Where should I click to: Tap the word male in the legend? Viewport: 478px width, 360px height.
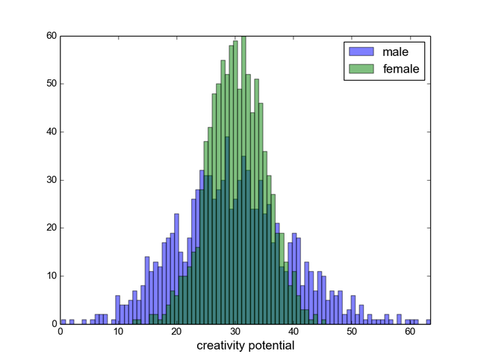click(395, 52)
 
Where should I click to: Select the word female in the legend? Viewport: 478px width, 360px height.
click(401, 69)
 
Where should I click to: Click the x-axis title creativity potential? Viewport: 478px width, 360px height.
click(245, 346)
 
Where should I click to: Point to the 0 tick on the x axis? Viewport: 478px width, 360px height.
click(60, 332)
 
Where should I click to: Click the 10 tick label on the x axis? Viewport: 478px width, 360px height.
click(119, 332)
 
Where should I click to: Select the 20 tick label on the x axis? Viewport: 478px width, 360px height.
click(177, 332)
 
